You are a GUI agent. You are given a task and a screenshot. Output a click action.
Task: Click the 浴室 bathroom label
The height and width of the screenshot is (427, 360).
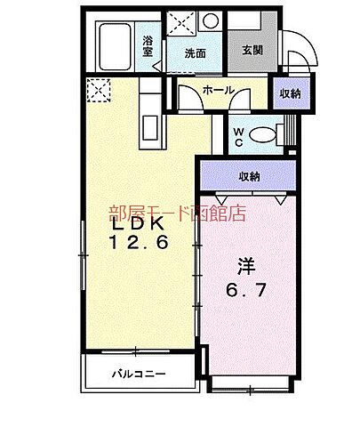[x=148, y=44]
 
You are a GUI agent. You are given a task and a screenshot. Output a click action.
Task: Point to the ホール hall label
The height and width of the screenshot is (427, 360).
[x=218, y=91]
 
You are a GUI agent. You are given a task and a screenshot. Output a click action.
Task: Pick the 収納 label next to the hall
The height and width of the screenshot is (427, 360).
[x=290, y=93]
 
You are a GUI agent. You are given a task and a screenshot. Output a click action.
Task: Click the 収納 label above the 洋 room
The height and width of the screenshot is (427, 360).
[x=249, y=176]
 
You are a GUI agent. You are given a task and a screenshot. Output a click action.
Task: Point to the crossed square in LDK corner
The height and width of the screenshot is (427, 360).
[x=96, y=90]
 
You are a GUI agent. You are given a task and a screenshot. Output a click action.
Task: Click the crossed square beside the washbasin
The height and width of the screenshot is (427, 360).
[x=184, y=21]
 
